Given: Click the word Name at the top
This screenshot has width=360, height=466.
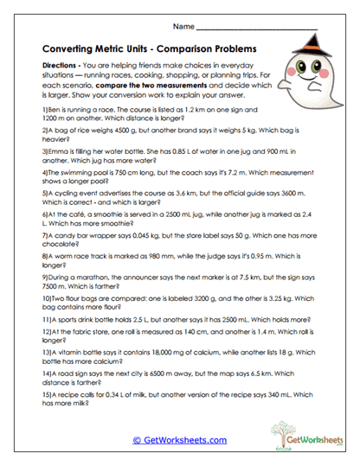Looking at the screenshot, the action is coord(184,26).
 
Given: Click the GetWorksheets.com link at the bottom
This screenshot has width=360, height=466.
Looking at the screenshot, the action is coord(179,439).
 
